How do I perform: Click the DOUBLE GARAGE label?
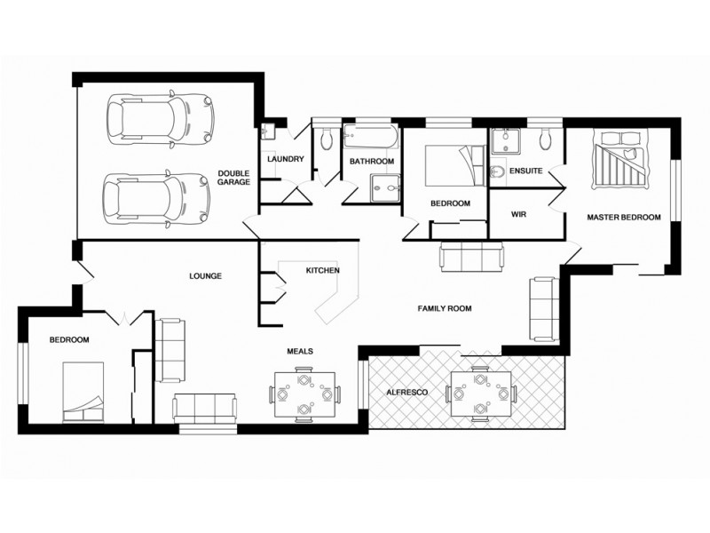click(x=234, y=176)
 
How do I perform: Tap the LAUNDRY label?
click(x=285, y=160)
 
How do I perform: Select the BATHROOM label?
click(x=371, y=162)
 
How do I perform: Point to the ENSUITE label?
click(x=526, y=171)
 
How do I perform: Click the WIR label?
click(x=520, y=214)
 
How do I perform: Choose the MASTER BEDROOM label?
click(x=624, y=217)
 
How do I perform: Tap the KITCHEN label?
click(x=322, y=270)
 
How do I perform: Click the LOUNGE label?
click(x=205, y=275)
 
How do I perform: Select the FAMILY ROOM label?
click(x=445, y=308)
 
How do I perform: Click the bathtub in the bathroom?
click(x=371, y=139)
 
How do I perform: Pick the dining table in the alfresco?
click(x=480, y=392)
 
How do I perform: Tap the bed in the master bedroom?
click(x=620, y=161)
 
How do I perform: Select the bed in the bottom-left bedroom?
click(x=83, y=394)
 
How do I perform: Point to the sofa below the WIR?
click(x=472, y=257)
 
